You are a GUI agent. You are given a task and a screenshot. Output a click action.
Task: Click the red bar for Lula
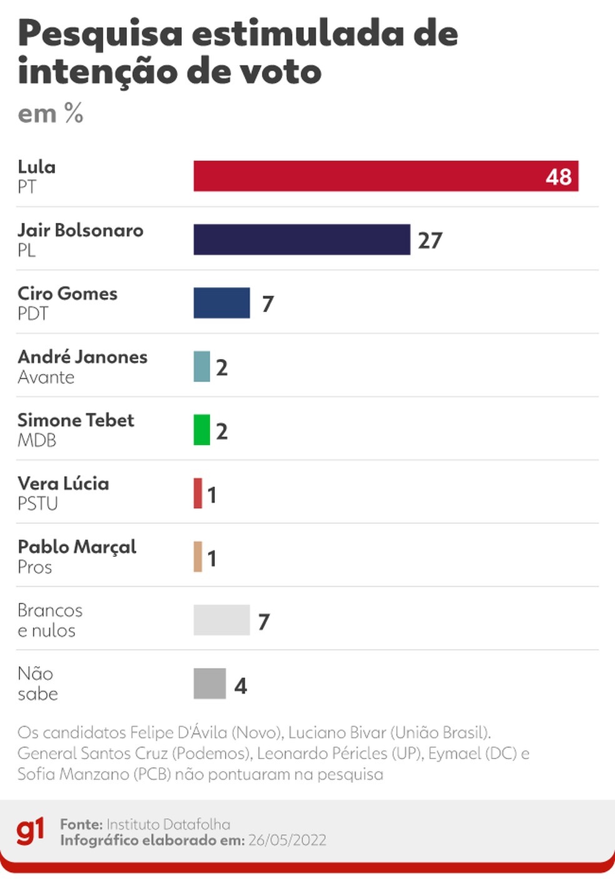click(386, 176)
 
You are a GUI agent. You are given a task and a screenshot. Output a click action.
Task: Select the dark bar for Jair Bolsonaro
click(302, 239)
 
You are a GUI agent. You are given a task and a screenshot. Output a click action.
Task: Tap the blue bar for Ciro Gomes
click(222, 303)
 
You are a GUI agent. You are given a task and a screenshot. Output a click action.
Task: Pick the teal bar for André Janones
click(202, 366)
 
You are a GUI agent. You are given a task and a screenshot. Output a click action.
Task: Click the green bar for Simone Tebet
click(202, 430)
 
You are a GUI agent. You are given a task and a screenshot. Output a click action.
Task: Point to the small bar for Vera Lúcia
click(197, 493)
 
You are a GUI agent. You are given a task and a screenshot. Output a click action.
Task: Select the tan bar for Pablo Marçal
click(197, 557)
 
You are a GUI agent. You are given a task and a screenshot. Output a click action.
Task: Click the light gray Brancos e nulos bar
click(222, 620)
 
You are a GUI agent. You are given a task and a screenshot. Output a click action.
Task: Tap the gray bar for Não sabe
click(210, 684)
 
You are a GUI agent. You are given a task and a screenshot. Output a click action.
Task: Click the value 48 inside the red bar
click(558, 177)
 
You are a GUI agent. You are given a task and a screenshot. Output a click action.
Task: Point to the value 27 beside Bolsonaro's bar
click(430, 240)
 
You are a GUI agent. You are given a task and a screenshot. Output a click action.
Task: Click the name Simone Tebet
click(76, 420)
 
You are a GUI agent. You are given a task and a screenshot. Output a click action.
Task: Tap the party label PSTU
click(37, 503)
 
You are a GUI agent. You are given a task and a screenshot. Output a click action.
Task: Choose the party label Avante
click(46, 378)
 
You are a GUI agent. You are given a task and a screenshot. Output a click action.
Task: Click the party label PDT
click(33, 313)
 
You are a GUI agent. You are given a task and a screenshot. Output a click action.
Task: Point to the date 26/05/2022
click(287, 840)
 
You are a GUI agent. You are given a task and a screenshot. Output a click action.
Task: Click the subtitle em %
click(50, 113)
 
